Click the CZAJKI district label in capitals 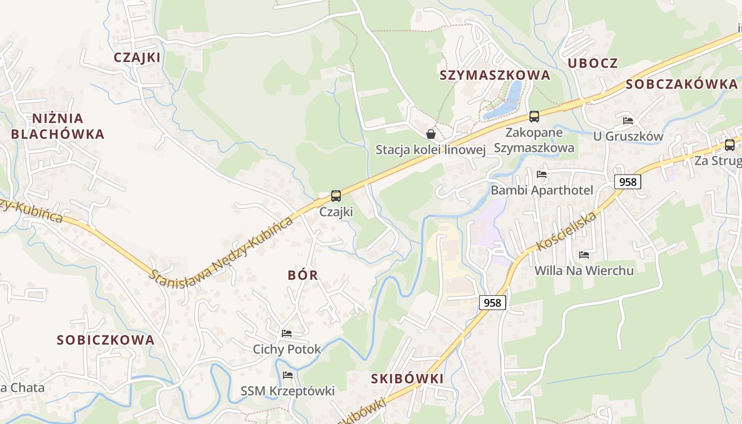[137, 57]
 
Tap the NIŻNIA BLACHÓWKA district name [58, 126]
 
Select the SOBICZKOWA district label [105, 340]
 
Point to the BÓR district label [303, 275]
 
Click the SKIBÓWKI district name [407, 378]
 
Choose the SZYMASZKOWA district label [495, 75]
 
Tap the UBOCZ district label [593, 63]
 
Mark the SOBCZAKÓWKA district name [682, 84]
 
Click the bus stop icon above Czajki [335, 196]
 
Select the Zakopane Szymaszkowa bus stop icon [534, 117]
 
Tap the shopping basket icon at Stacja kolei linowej [431, 134]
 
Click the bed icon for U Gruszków [628, 121]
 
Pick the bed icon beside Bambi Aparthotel [541, 174]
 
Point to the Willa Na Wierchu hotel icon [584, 255]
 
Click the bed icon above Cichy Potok [287, 333]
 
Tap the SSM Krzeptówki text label [288, 391]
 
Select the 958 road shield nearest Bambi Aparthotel [628, 182]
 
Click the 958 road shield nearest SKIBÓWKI [492, 303]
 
